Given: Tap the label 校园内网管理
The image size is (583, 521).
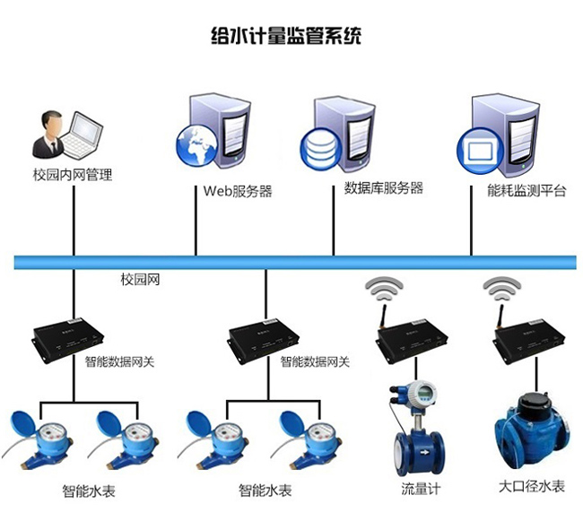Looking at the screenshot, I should coord(73,175).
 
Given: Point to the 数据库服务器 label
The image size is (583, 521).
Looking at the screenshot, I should coord(383,188).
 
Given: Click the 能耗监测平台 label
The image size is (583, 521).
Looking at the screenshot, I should coord(526,190).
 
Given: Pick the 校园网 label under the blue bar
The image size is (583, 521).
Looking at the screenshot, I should coord(140,280).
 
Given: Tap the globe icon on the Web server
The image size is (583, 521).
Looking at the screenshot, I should coord(196,147).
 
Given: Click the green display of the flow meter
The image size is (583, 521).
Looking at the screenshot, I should coord(422,395).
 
